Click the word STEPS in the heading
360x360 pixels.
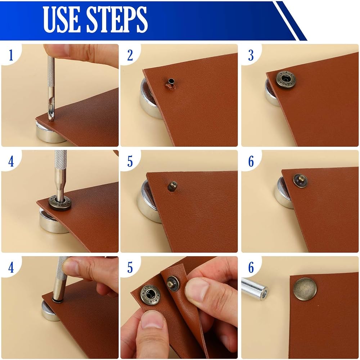click(x=117, y=19)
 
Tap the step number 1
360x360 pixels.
click(x=11, y=55)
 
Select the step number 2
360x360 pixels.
click(x=130, y=55)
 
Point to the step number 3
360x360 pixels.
click(x=251, y=55)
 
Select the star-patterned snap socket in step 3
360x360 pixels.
click(x=285, y=80)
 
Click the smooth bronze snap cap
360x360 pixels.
click(x=305, y=289)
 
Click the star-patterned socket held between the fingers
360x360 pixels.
click(x=150, y=295)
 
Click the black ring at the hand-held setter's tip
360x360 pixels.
click(x=58, y=300)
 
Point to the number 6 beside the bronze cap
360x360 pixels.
click(x=251, y=267)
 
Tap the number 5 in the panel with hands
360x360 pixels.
click(x=130, y=267)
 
